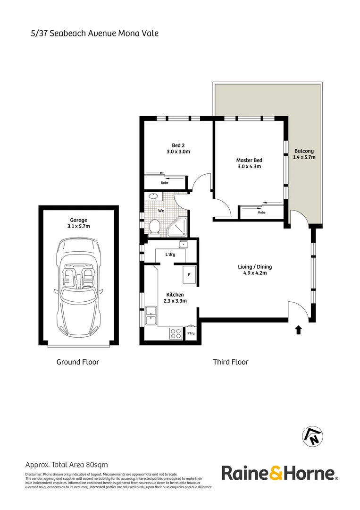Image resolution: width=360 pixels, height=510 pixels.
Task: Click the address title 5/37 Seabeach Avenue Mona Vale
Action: click(92, 33)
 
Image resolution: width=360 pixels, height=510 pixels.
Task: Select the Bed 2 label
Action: click(177, 145)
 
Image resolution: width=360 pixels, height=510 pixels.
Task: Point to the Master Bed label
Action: click(249, 160)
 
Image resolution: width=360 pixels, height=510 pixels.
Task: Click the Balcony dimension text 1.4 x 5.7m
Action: click(303, 157)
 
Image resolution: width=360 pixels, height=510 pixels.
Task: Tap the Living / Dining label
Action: click(255, 267)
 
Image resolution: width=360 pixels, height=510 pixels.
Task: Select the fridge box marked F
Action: click(189, 274)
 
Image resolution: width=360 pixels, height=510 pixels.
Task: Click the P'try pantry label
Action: click(191, 334)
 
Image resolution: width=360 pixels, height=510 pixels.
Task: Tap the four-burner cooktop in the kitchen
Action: click(176, 333)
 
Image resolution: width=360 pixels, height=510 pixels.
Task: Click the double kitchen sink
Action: click(151, 316)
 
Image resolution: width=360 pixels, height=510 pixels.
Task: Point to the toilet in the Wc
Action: click(154, 228)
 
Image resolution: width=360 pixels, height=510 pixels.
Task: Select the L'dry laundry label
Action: click(170, 255)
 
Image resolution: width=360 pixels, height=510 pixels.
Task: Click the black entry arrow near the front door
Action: click(298, 330)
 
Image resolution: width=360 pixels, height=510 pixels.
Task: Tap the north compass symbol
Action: click(312, 435)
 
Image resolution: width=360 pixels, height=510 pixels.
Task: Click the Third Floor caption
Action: click(230, 362)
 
